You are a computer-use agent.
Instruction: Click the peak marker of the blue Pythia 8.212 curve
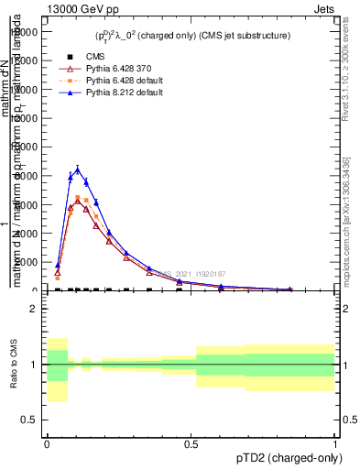(x=78, y=169)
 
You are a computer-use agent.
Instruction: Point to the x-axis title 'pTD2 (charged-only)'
(x=291, y=458)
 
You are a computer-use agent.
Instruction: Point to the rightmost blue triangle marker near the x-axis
(x=290, y=289)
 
